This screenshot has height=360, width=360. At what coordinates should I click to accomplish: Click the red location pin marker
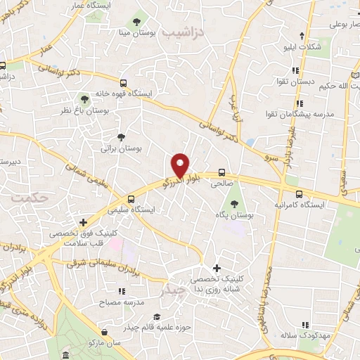(x=181, y=165)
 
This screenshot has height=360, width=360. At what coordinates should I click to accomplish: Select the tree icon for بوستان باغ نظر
(x=85, y=98)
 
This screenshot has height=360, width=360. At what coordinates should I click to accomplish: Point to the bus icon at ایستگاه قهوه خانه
(x=124, y=82)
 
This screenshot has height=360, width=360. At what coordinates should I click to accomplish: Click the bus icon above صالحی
(x=222, y=172)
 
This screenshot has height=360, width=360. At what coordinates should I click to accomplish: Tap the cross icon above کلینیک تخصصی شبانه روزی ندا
(x=217, y=268)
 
